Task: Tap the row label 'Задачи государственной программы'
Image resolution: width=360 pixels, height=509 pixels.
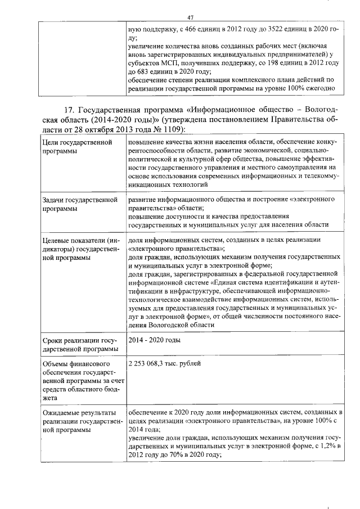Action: point(80,204)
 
